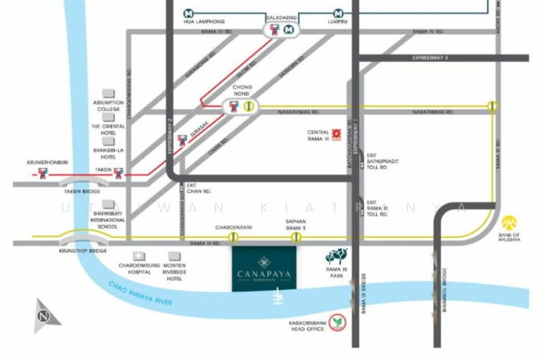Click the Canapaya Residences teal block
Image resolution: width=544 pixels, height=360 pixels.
click(x=264, y=268)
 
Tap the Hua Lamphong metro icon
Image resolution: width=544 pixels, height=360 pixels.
click(x=188, y=13)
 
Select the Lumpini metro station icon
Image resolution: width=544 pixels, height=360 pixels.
click(x=338, y=13)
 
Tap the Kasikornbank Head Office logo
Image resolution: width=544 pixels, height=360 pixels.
click(x=336, y=325)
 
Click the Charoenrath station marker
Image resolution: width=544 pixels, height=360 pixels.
click(x=233, y=237)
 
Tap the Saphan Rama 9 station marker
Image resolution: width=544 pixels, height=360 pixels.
click(x=296, y=237)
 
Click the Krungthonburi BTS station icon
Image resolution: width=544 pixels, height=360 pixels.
click(x=44, y=174)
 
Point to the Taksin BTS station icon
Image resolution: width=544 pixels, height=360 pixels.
click(x=119, y=174)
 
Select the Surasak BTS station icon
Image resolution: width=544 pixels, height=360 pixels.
click(x=182, y=142)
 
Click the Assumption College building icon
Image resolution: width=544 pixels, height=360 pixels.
click(x=108, y=93)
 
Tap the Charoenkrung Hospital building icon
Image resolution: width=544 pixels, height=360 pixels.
click(x=139, y=255)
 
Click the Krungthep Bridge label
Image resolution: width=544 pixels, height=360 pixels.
click(x=74, y=251)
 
